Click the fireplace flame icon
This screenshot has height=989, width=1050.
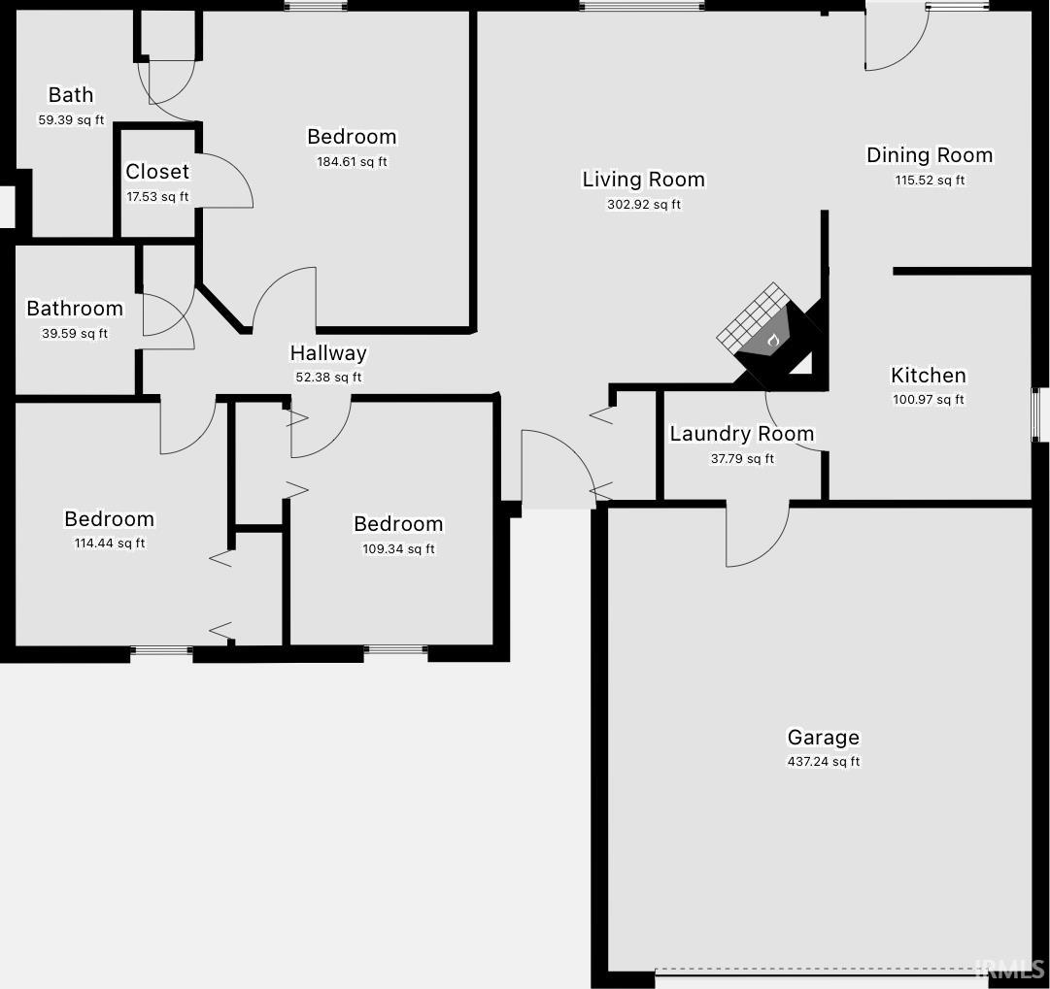773,340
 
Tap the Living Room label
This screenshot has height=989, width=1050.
644,180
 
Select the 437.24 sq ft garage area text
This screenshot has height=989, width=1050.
824,762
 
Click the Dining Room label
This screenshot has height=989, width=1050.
930,155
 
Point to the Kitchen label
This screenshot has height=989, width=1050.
929,376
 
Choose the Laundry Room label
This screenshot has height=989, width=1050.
742,434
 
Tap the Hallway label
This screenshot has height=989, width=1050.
328,352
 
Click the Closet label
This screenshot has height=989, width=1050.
157,172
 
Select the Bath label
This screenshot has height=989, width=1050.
71,95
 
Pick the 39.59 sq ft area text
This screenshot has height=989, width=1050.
75,333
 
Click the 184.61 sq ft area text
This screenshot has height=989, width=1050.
352,161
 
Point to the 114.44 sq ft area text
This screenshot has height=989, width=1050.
109,544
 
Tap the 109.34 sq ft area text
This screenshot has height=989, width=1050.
398,548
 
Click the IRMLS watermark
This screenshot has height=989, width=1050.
1010,969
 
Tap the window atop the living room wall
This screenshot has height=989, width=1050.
641,6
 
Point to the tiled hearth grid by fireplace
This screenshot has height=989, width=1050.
752,318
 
